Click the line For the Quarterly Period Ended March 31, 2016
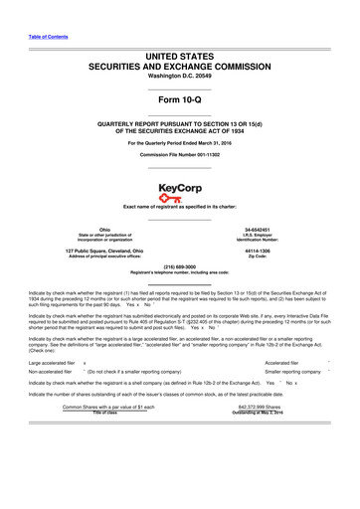179,140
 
